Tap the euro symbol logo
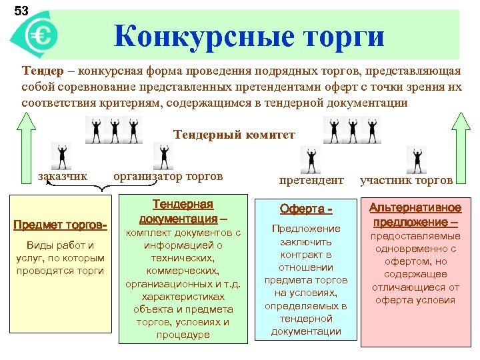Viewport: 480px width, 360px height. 39,35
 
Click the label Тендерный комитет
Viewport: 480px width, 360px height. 233,135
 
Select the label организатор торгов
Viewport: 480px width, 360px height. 168,176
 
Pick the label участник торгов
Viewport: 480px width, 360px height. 407,179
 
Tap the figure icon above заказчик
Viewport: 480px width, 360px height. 62,155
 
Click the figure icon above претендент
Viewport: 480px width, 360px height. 311,160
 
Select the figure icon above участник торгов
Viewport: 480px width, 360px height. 417,160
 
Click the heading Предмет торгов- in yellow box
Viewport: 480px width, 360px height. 61,224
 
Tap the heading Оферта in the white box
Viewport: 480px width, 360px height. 306,209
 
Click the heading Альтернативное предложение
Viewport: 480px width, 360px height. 415,215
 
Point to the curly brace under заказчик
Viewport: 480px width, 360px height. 101,189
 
